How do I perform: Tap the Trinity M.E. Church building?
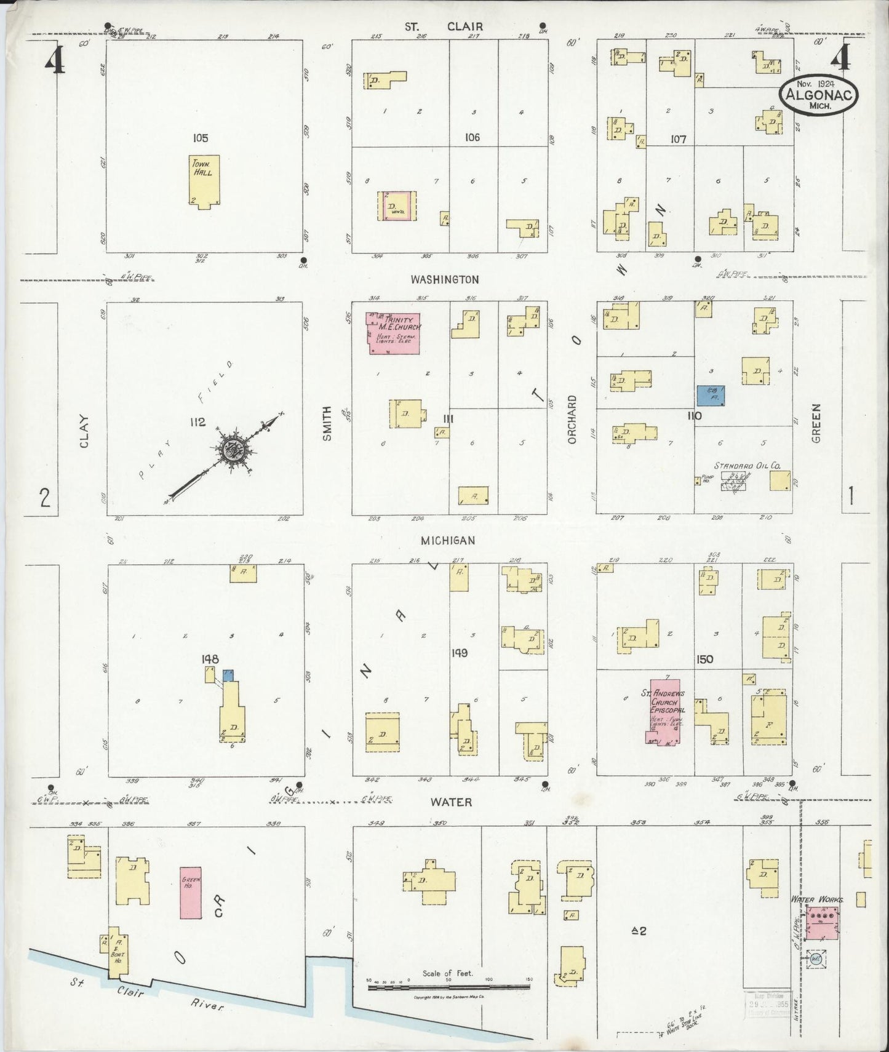pyautogui.click(x=394, y=333)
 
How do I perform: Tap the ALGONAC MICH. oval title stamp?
pyautogui.click(x=818, y=95)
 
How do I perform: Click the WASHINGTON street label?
pyautogui.click(x=445, y=279)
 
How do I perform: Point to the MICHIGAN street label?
pyautogui.click(x=448, y=540)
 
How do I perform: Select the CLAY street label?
pyautogui.click(x=84, y=431)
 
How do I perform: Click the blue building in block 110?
pyautogui.click(x=710, y=396)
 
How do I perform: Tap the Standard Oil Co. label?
pyautogui.click(x=747, y=466)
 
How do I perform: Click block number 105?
pyautogui.click(x=200, y=138)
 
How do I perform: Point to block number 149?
pyautogui.click(x=460, y=653)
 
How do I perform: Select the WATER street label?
pyautogui.click(x=451, y=802)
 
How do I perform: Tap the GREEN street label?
pyautogui.click(x=816, y=423)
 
